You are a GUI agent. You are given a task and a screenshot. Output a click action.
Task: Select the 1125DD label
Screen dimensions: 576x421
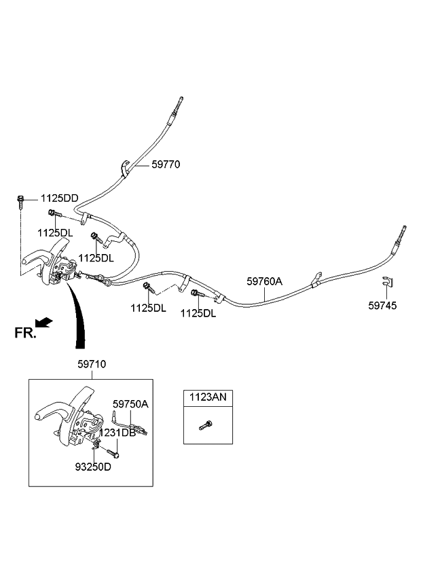pos(59,198)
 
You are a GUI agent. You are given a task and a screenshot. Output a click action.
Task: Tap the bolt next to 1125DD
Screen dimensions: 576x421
pos(22,200)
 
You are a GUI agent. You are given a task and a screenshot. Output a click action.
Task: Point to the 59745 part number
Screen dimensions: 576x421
pos(383,306)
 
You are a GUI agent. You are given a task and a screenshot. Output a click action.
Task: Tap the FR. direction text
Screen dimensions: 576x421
pos(24,332)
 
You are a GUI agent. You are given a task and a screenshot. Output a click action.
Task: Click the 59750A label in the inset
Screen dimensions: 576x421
pos(130,403)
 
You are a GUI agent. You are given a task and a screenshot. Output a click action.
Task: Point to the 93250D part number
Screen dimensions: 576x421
pos(94,467)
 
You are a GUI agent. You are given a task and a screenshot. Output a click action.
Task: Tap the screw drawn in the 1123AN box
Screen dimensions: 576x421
pos(206,426)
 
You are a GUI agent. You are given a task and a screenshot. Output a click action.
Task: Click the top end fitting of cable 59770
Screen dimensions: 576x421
pos(179,103)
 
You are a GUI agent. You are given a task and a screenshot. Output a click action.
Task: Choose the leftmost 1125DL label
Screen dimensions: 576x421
pos(54,233)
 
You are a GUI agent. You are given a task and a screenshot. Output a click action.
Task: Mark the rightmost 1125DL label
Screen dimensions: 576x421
pos(198,313)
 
